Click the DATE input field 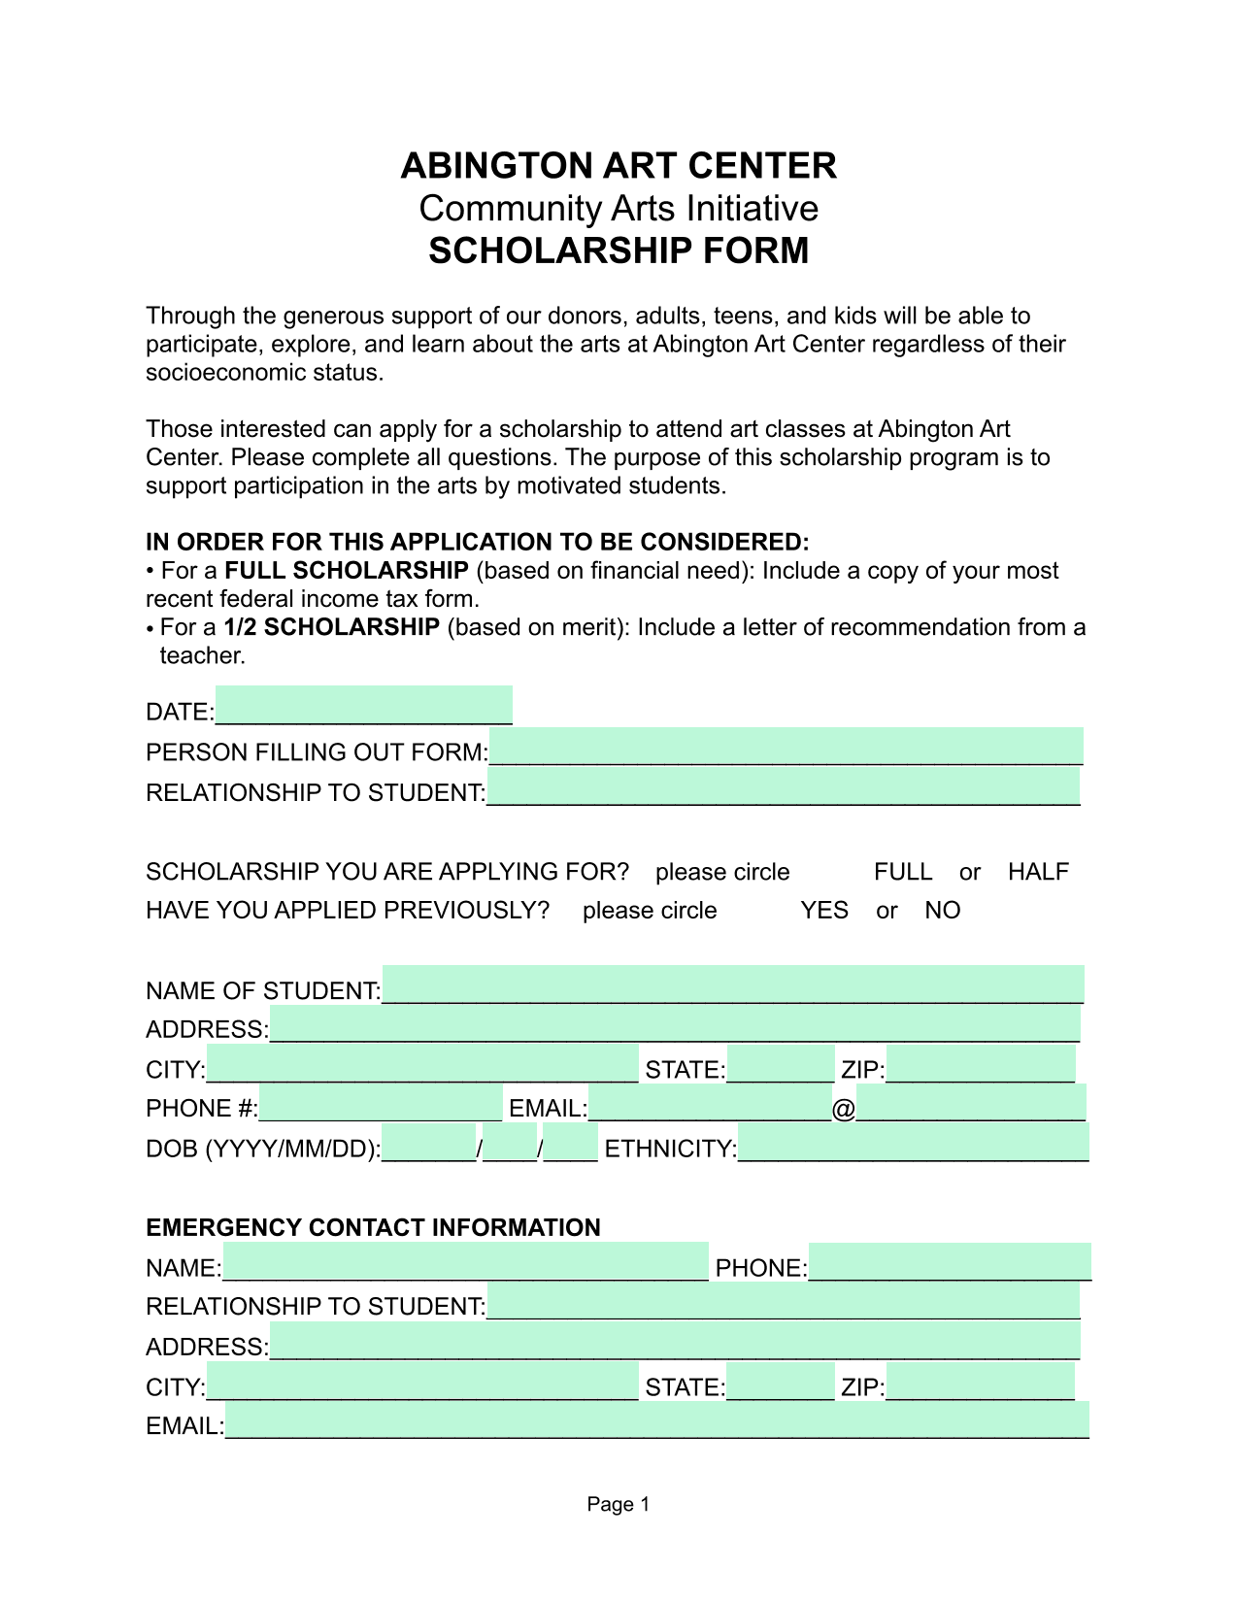point(363,706)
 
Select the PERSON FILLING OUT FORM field point(786,747)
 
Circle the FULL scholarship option point(902,872)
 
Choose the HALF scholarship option point(1037,872)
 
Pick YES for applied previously point(823,911)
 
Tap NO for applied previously point(942,911)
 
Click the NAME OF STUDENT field point(733,984)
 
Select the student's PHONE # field point(381,1104)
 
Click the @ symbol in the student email point(843,1109)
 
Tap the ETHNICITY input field point(913,1143)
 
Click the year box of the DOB point(429,1143)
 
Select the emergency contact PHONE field point(950,1262)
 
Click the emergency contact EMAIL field point(656,1420)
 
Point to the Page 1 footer point(618,1505)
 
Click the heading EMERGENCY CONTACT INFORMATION point(373,1228)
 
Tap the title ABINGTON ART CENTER point(619,166)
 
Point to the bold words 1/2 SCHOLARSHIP point(331,627)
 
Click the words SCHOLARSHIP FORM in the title point(619,250)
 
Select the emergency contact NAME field point(465,1262)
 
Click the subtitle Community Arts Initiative point(619,209)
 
